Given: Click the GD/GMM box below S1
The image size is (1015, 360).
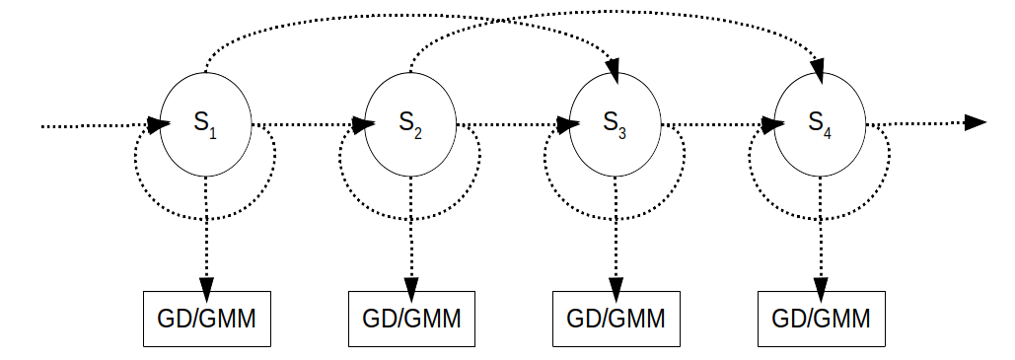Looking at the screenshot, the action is (x=206, y=319).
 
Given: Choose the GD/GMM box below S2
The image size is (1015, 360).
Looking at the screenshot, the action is (x=411, y=319).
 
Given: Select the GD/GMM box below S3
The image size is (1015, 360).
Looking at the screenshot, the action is (x=616, y=319).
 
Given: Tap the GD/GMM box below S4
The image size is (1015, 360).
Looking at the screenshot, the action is (x=820, y=319).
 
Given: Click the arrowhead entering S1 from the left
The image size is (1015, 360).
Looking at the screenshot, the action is (x=157, y=125).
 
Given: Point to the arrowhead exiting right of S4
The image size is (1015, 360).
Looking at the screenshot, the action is (x=975, y=122).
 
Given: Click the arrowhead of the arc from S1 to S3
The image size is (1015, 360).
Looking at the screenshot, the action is (x=613, y=70).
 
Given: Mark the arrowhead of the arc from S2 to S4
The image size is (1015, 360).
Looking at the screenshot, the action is (x=818, y=70).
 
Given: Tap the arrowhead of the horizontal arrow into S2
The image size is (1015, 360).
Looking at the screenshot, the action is (x=362, y=125).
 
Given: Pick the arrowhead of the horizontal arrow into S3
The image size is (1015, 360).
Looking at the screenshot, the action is (x=567, y=125).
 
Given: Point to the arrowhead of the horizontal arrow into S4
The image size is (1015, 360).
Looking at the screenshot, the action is (x=772, y=125).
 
